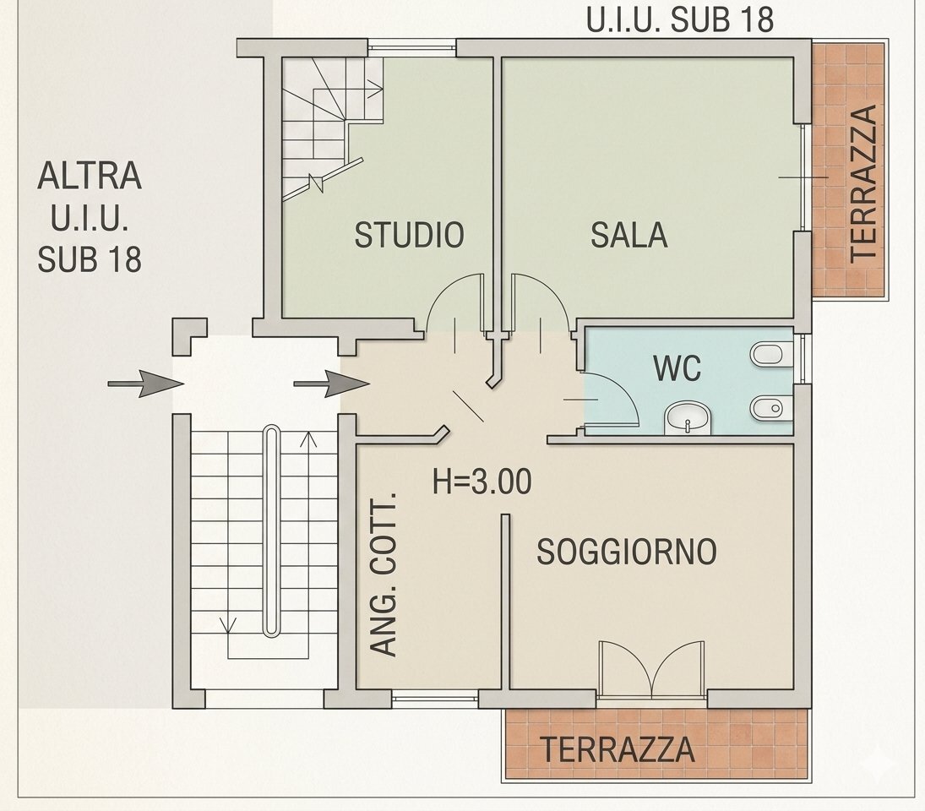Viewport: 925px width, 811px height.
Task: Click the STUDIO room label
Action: [409, 235]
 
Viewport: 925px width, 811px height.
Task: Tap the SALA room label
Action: [628, 235]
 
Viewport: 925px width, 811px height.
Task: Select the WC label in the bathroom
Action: [677, 368]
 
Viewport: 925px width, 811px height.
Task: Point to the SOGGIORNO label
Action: [627, 552]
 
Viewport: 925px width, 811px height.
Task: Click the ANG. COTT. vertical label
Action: [384, 574]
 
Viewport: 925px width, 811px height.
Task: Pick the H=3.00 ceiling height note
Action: [482, 482]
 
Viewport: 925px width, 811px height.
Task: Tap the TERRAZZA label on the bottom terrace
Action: [618, 749]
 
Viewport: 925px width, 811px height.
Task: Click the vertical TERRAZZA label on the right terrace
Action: [864, 184]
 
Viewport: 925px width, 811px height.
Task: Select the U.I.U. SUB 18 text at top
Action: [679, 19]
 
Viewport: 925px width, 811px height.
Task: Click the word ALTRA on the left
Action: [90, 175]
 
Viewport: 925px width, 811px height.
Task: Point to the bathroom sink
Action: [688, 418]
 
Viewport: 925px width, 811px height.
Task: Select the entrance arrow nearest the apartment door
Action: [331, 384]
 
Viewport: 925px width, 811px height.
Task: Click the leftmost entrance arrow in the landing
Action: [145, 384]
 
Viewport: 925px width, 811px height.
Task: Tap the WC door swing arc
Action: [625, 389]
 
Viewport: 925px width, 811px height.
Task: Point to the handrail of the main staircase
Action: [271, 531]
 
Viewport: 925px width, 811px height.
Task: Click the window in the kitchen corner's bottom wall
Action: [435, 699]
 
